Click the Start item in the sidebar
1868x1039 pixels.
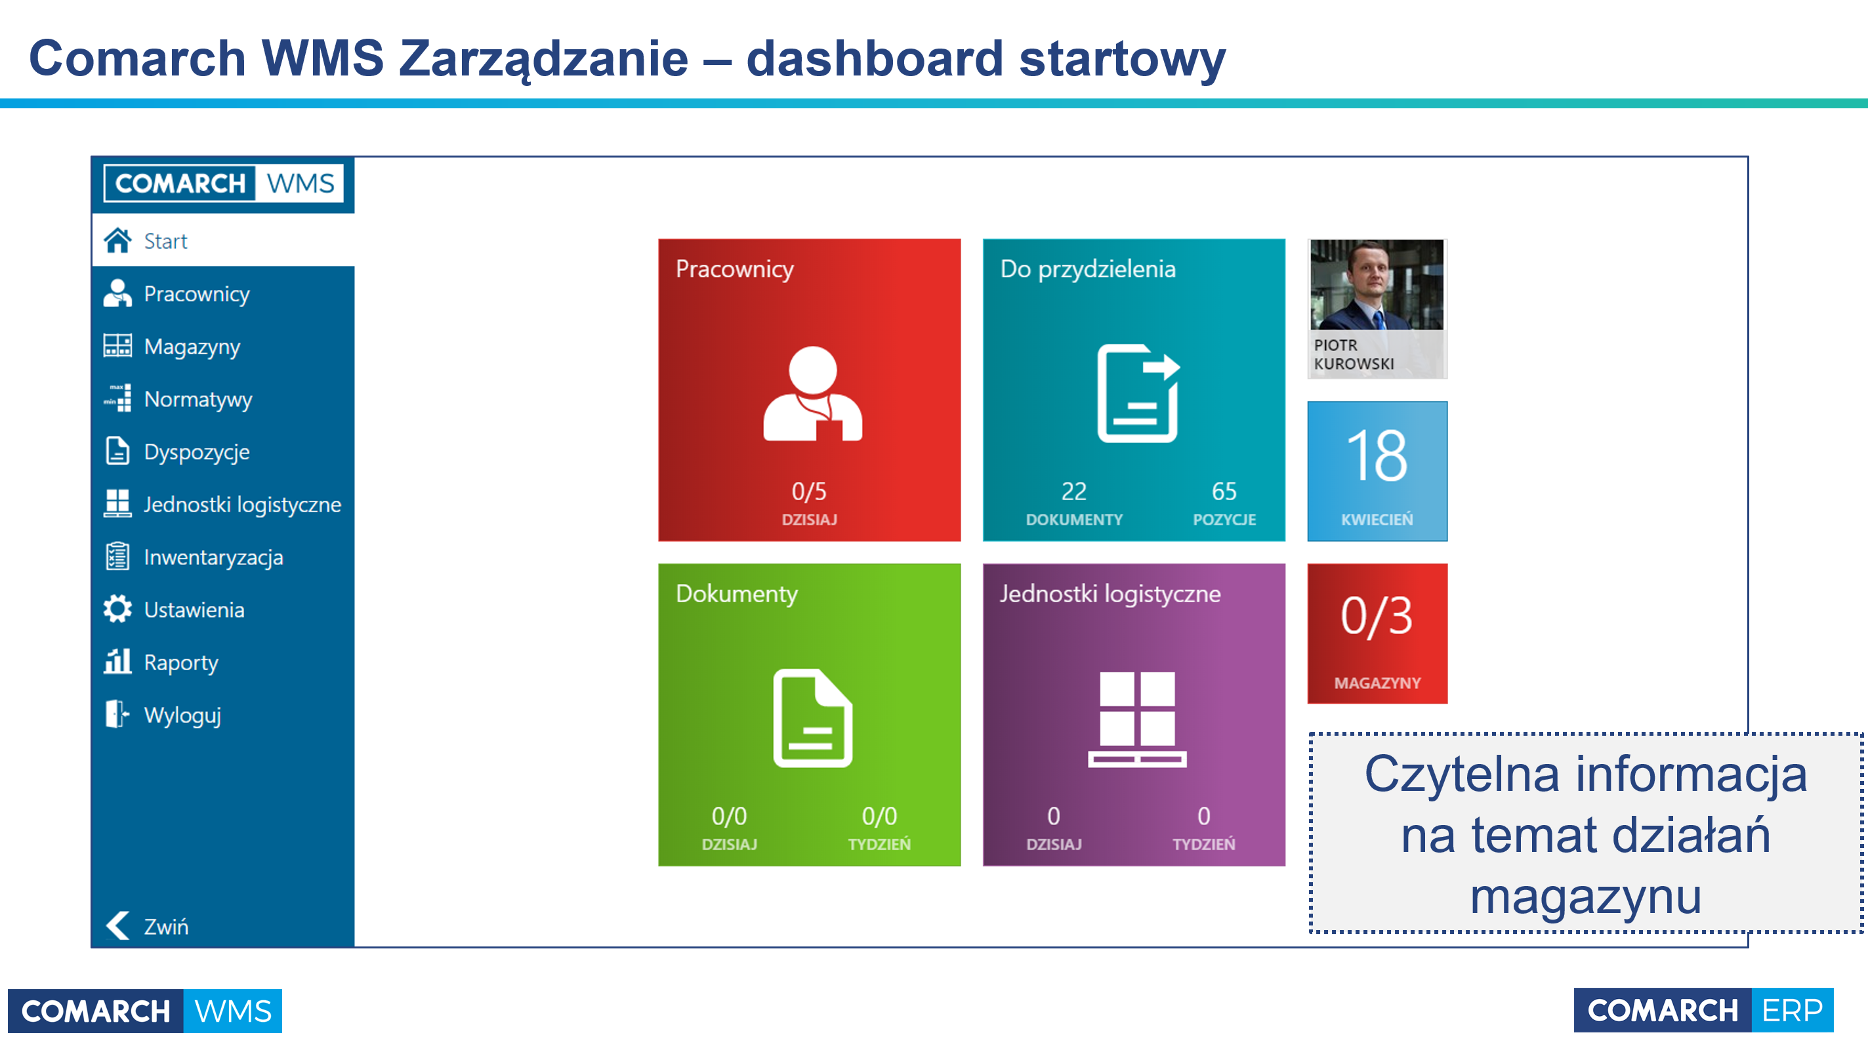[x=165, y=240]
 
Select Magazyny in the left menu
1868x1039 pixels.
[x=192, y=347]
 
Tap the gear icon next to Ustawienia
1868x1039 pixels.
[x=117, y=610]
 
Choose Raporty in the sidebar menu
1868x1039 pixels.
[x=180, y=662]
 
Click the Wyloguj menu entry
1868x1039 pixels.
[x=182, y=715]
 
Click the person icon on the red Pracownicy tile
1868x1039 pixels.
[x=812, y=393]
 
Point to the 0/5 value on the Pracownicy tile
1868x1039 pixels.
[x=808, y=491]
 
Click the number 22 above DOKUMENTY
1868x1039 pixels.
[x=1074, y=491]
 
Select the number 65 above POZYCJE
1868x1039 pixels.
[x=1224, y=491]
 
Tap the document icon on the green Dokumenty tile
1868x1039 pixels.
[x=812, y=717]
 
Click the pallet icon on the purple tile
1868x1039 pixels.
[x=1137, y=719]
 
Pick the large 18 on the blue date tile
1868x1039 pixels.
[x=1377, y=456]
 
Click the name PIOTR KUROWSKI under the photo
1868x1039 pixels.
[x=1353, y=354]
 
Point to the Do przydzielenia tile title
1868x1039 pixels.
[x=1088, y=269]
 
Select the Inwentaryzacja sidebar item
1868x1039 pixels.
[x=213, y=557]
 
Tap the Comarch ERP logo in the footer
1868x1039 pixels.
[x=1703, y=1010]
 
